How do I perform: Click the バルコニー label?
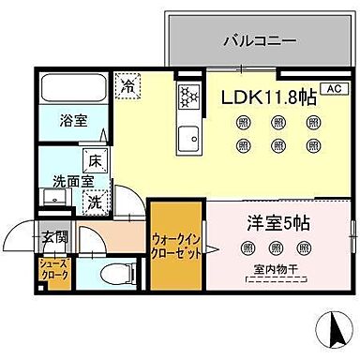(261, 41)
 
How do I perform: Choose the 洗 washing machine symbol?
(96, 200)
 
